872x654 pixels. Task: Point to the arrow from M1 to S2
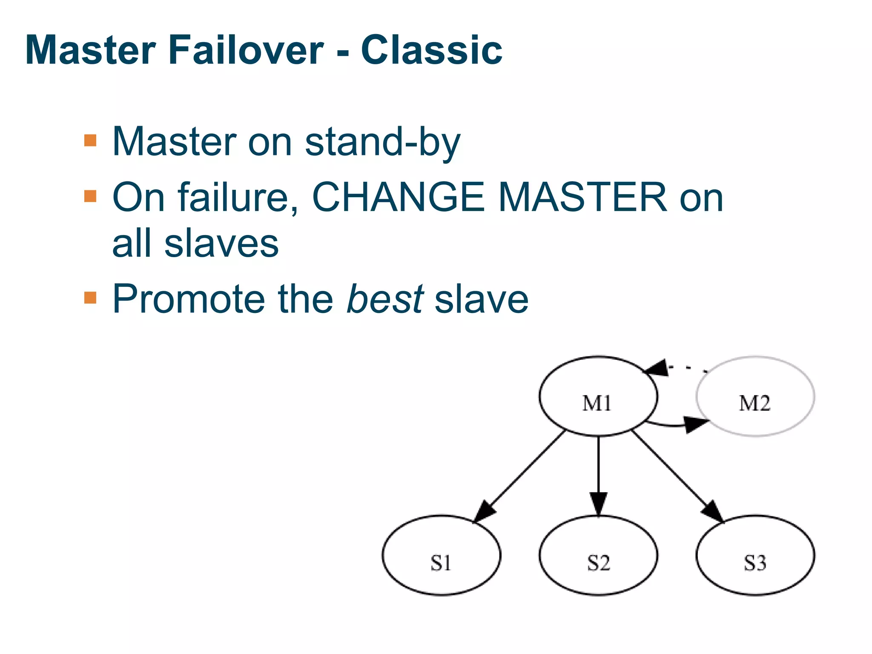tap(598, 473)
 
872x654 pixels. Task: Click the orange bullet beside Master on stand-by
tap(90, 141)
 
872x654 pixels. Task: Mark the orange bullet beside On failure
tap(90, 196)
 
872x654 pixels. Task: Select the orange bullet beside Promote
tap(90, 298)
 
